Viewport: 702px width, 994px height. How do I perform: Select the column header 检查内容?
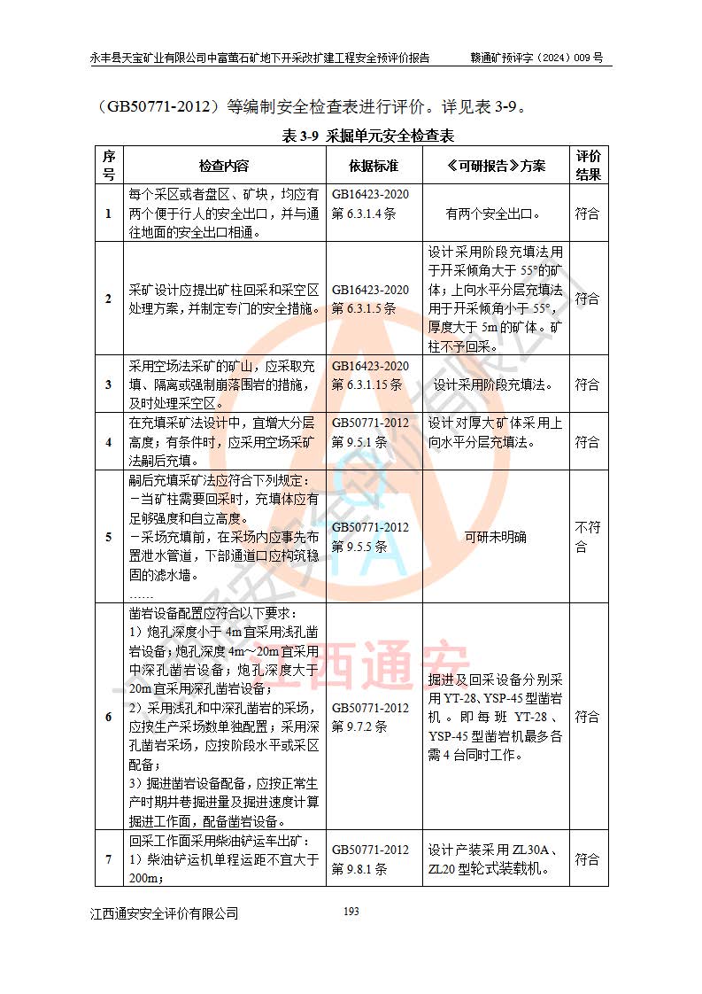coord(224,166)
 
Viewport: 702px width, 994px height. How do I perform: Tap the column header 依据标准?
coord(373,166)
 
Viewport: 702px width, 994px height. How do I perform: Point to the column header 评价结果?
coord(588,166)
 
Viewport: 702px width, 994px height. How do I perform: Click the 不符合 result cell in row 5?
coord(588,537)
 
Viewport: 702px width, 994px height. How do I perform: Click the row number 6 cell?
coord(109,717)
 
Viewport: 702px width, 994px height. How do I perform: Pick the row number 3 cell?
coord(109,384)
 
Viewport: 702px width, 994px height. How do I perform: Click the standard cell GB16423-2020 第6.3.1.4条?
coord(371,204)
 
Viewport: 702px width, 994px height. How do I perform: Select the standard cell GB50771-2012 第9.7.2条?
coord(371,717)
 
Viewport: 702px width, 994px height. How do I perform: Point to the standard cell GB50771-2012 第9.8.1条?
coord(371,859)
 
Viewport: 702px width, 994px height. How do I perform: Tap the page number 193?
coord(351,912)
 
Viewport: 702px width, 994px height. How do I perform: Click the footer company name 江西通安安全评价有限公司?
coord(164,913)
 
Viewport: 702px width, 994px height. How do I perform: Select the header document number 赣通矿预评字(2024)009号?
coord(536,58)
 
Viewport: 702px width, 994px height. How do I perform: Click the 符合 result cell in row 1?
coord(588,214)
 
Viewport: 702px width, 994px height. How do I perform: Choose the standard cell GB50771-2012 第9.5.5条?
coord(371,537)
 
